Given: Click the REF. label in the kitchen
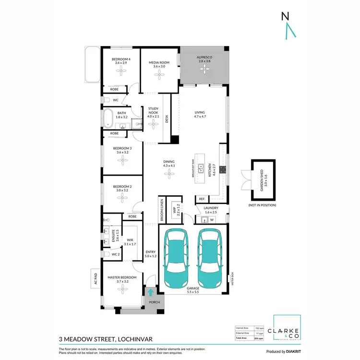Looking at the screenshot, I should tap(202, 199).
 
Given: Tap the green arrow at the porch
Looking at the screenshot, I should tap(151, 292).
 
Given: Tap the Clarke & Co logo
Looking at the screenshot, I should tap(287, 331).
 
